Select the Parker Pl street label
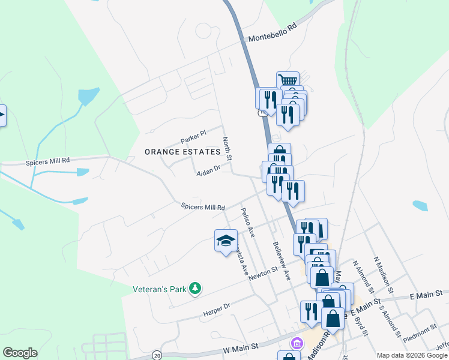(x=193, y=137)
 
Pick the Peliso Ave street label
(x=248, y=222)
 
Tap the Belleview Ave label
(x=282, y=262)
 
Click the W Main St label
(x=240, y=346)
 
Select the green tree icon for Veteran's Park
(x=194, y=289)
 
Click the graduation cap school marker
(x=226, y=241)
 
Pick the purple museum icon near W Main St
(x=297, y=344)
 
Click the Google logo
(x=20, y=353)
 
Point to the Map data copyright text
(x=412, y=355)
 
